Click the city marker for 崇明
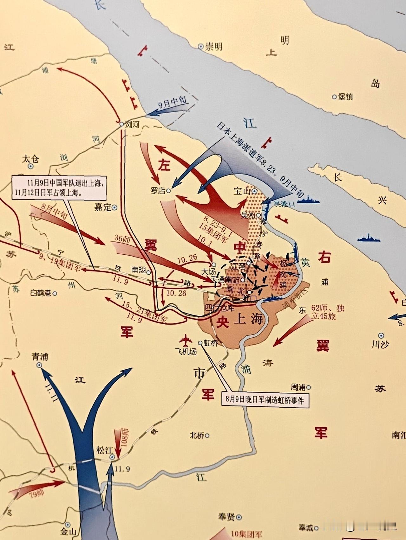pyautogui.click(x=200, y=47)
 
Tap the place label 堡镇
pyautogui.click(x=345, y=97)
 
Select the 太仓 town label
pyautogui.click(x=30, y=159)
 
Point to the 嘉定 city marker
pyautogui.click(x=114, y=208)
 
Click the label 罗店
pyautogui.click(x=158, y=191)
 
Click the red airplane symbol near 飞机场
pyautogui.click(x=186, y=340)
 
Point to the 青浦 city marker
pyautogui.click(x=39, y=365)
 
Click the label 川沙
pyautogui.click(x=380, y=344)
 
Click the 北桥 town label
pyautogui.click(x=197, y=435)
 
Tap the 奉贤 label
pyautogui.click(x=226, y=517)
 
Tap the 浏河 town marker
pyautogui.click(x=121, y=124)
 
